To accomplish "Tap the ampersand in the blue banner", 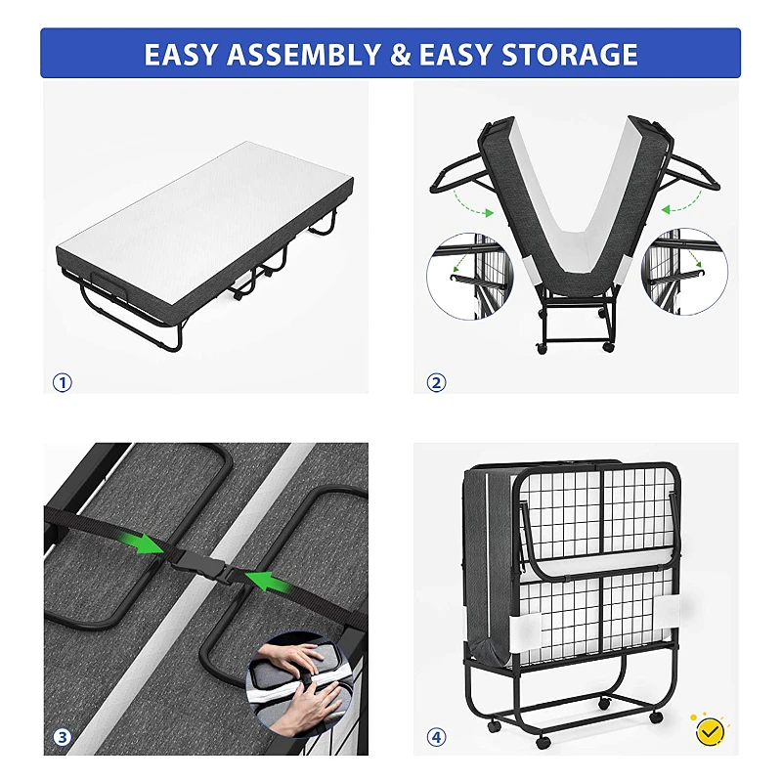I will coord(400,54).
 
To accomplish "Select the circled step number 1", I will coord(63,382).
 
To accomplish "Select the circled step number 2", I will coord(436,382).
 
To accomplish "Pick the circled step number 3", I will coord(63,737).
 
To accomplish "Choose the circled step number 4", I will coord(436,737).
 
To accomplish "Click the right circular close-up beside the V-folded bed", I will coord(683,274).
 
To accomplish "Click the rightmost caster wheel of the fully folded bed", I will coord(656,717).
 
